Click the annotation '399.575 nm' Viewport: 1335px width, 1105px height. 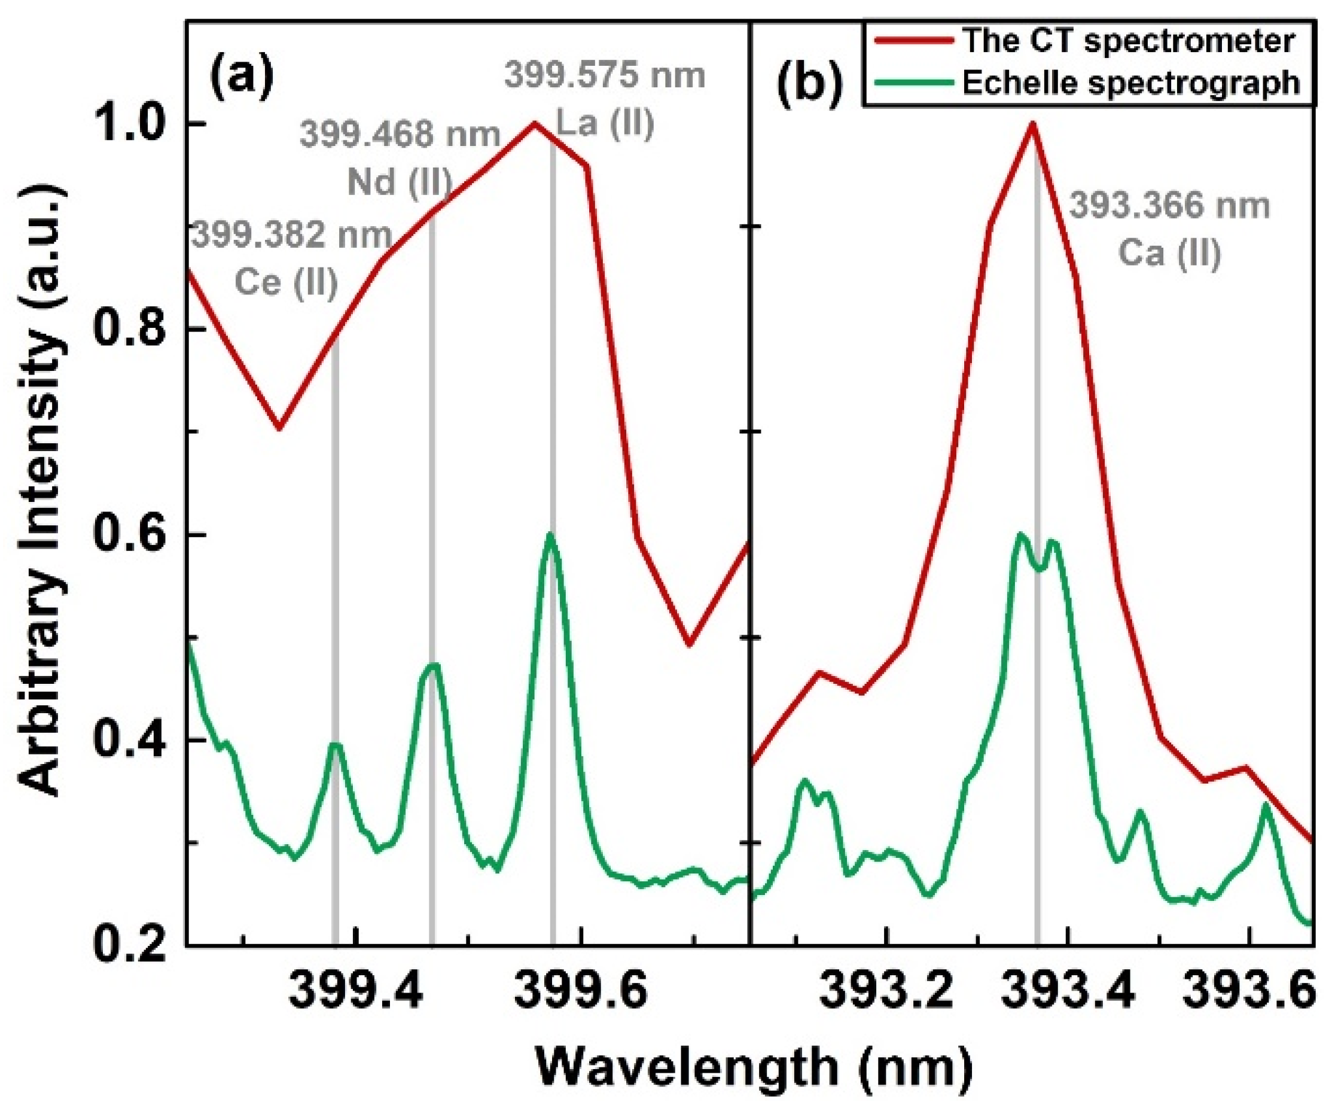605,77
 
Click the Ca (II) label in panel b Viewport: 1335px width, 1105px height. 1170,254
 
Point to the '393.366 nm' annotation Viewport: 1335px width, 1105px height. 1170,206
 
